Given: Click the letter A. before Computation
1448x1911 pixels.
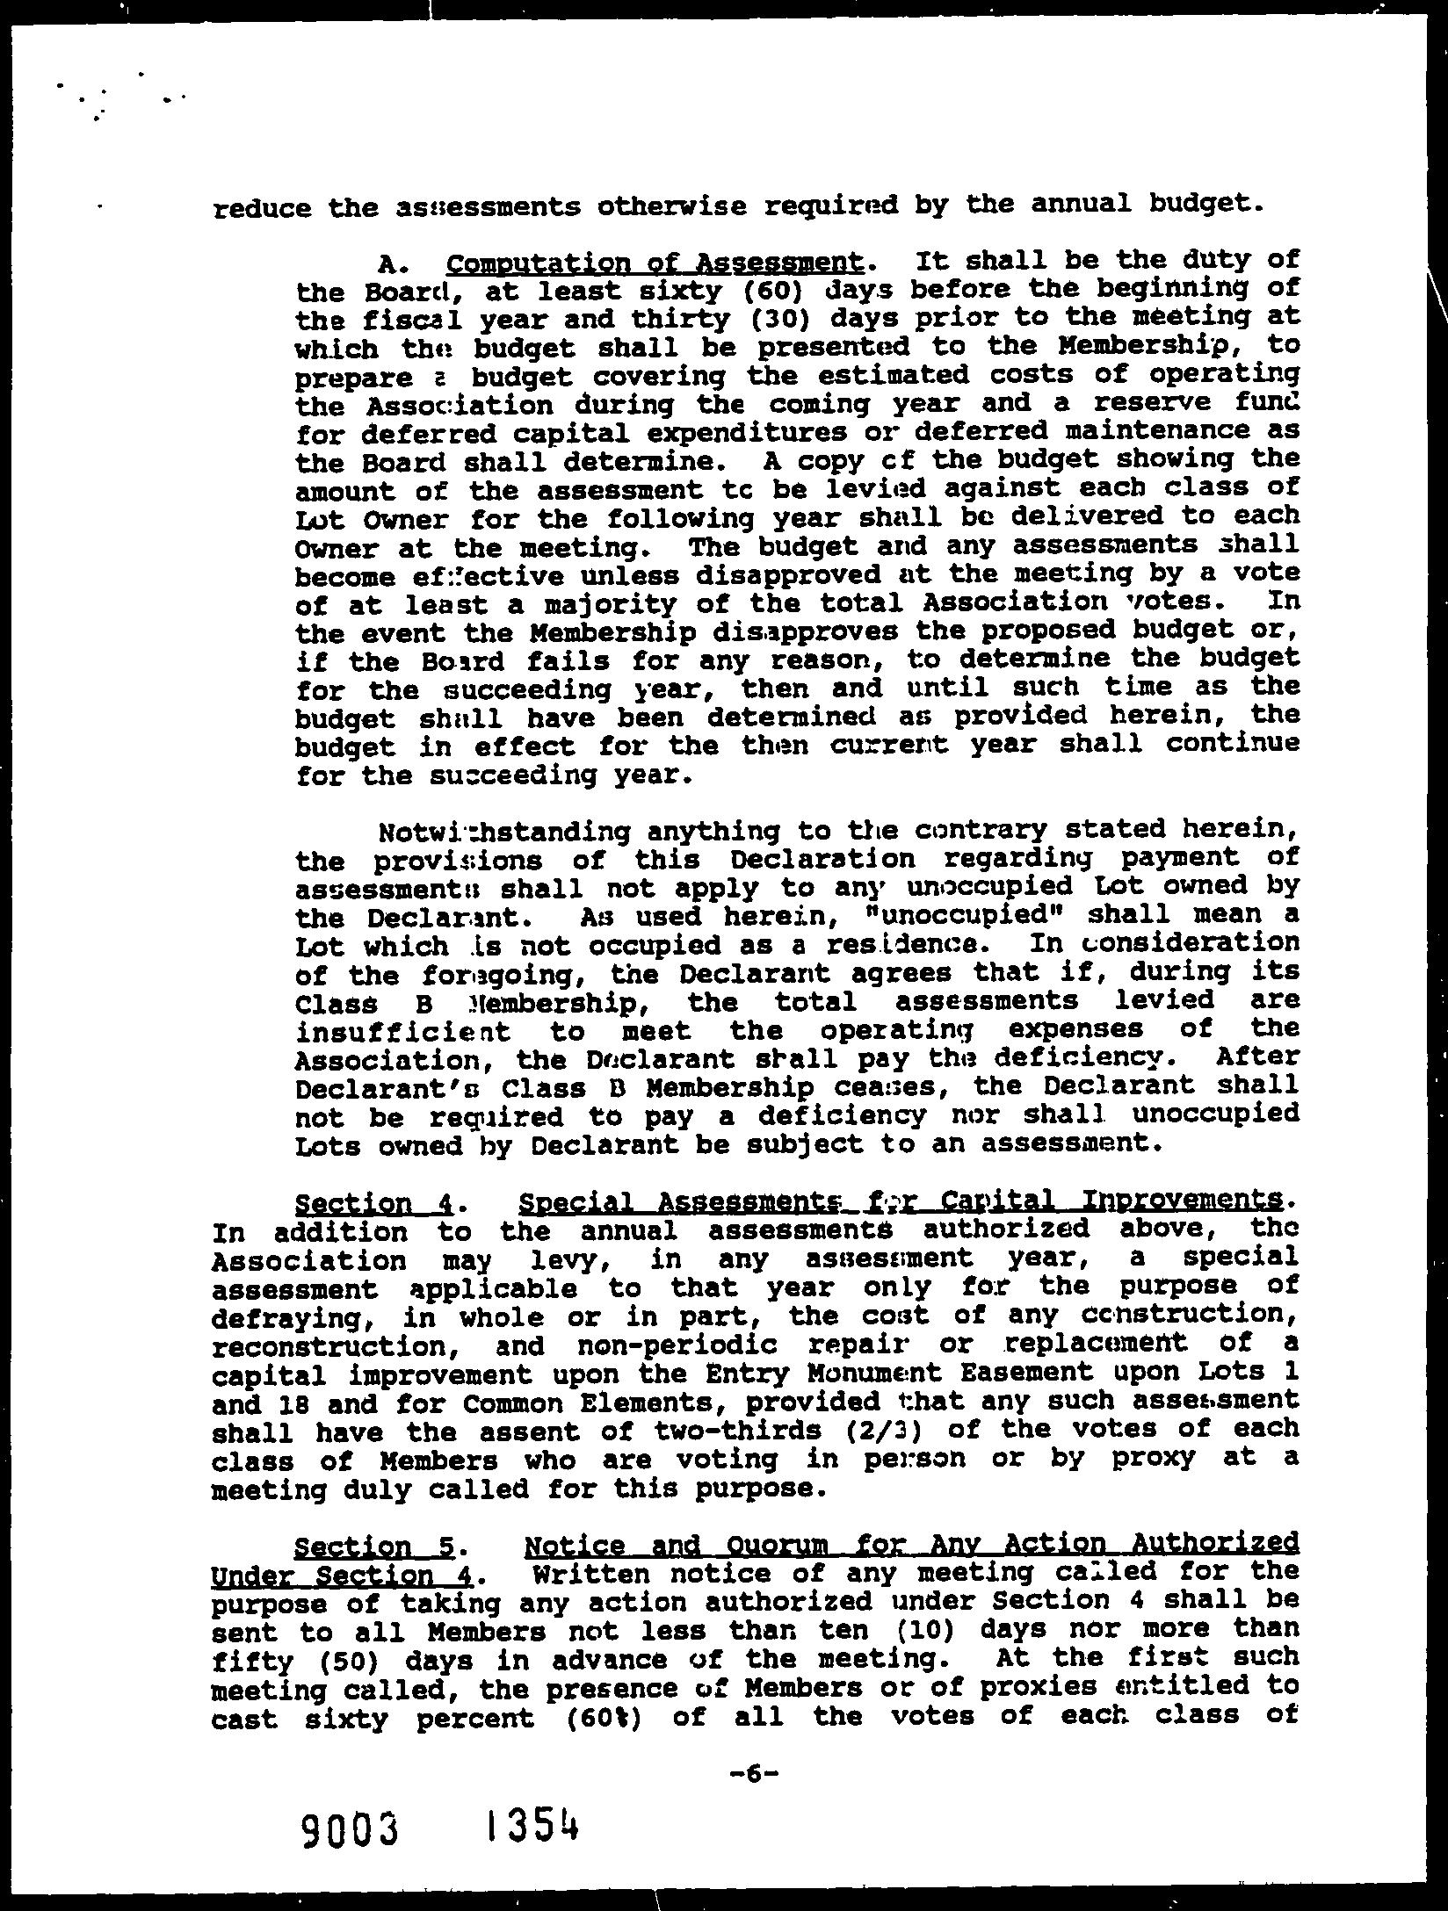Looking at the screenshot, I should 390,263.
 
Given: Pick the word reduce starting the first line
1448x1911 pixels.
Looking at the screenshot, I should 262,208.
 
